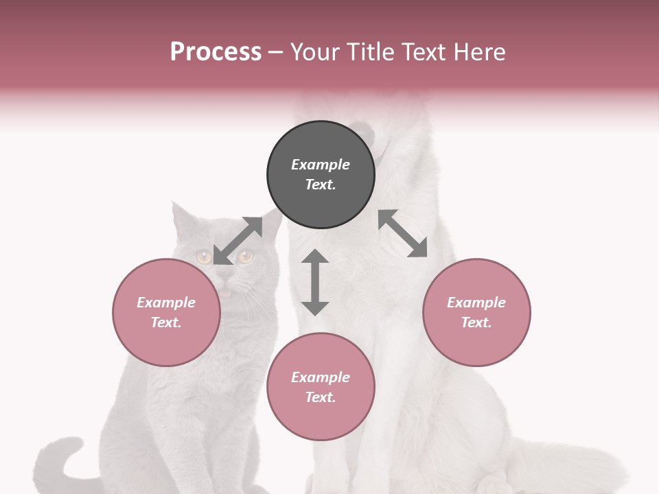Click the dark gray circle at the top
[x=321, y=174]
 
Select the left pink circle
[x=166, y=312]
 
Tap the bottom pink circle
[x=321, y=387]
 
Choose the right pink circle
[x=476, y=312]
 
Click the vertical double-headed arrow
[x=315, y=282]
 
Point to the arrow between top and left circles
[x=238, y=240]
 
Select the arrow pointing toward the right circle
[x=403, y=233]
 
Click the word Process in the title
[x=216, y=51]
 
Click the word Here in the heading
[x=480, y=51]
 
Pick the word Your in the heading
[x=315, y=51]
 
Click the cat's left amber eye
[x=204, y=257]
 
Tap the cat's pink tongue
[x=224, y=294]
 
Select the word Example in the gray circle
[x=321, y=165]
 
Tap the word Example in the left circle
[x=166, y=303]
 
